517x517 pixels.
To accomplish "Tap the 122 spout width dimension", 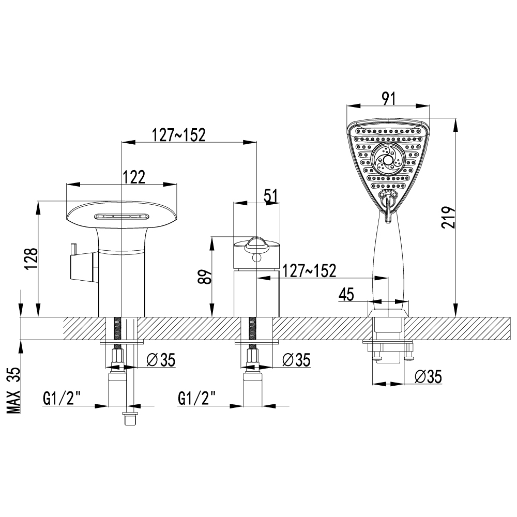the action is [x=134, y=177].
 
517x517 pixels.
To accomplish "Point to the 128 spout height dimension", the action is [x=32, y=259].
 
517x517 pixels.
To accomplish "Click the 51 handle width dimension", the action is [x=271, y=196].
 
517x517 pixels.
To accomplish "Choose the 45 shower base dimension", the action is [x=346, y=294].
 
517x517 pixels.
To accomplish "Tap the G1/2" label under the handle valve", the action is [x=197, y=398].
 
